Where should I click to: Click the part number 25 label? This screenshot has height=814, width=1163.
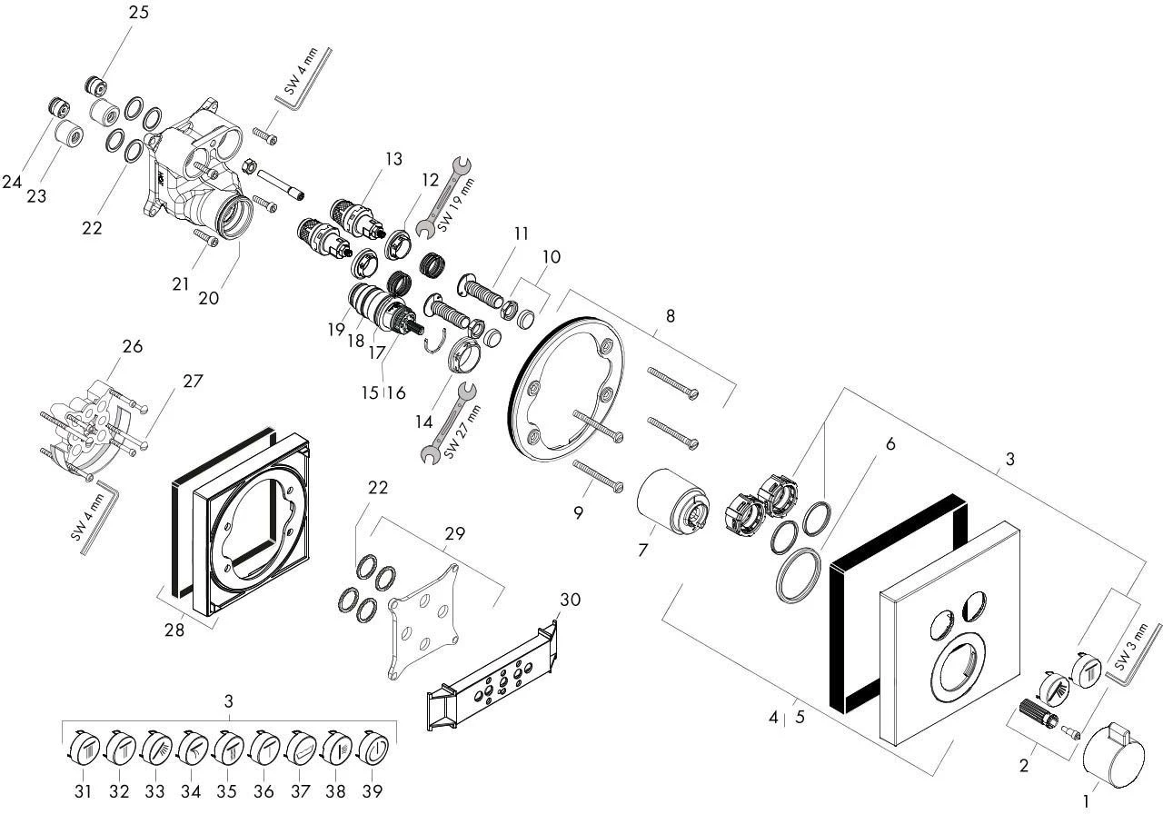coord(139,13)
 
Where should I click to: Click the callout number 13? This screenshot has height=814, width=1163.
coord(393,159)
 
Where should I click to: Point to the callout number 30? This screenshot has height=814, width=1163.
coord(570,600)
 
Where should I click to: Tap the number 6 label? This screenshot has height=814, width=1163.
coord(890,443)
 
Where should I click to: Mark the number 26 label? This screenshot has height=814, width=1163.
coord(133,346)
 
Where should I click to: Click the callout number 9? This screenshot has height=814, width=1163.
coord(578,512)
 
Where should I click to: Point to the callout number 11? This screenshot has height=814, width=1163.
coord(520,233)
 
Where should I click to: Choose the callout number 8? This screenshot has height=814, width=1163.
coord(670,316)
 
